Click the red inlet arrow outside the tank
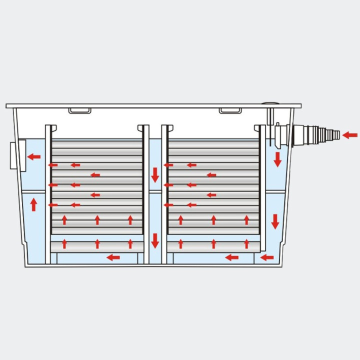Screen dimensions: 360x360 (x=350, y=135)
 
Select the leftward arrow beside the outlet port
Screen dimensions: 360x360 (x=34, y=156)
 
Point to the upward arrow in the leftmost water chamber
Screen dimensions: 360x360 (x=33, y=204)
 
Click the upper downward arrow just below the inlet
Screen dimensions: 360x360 (x=277, y=159)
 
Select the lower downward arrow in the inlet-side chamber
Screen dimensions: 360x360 (x=275, y=221)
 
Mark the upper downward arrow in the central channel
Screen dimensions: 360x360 (x=155, y=175)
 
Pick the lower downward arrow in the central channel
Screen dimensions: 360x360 (x=155, y=240)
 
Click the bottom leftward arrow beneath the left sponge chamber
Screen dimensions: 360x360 (x=113, y=257)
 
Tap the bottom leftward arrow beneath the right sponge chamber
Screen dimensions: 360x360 (x=231, y=257)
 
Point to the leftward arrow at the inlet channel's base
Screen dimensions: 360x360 (x=267, y=257)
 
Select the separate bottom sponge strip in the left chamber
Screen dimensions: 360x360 (x=97, y=246)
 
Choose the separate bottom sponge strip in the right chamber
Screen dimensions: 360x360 (x=213, y=246)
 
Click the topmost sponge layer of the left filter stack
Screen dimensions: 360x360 (x=97, y=143)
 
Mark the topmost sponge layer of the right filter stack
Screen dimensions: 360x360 (x=213, y=143)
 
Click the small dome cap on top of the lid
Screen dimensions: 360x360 (x=270, y=104)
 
